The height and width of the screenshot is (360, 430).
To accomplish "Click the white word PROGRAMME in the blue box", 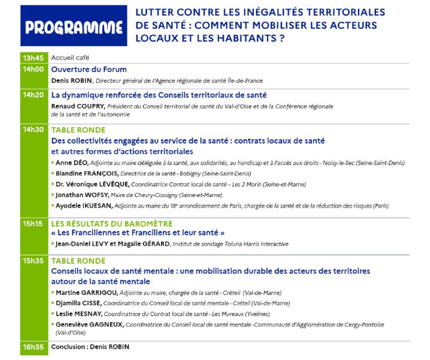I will pos(74,27).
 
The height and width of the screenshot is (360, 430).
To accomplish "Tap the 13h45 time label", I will pos(33,58).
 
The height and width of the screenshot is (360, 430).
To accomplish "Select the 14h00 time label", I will pos(33,69).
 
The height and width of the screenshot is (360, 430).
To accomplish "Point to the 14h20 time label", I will pos(33,95).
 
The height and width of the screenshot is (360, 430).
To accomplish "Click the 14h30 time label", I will pos(33,130).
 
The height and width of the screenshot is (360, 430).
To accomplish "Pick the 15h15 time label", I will pos(33,224).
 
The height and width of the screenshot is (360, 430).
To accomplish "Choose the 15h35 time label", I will pos(33,261).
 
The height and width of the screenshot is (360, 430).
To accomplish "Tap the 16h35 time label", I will pos(33,347).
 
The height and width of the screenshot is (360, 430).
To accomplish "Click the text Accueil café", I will pos(70,58).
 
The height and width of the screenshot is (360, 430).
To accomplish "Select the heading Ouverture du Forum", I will pos(89,69).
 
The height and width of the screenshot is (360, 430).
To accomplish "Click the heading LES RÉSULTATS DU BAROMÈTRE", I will pos(112,224).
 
